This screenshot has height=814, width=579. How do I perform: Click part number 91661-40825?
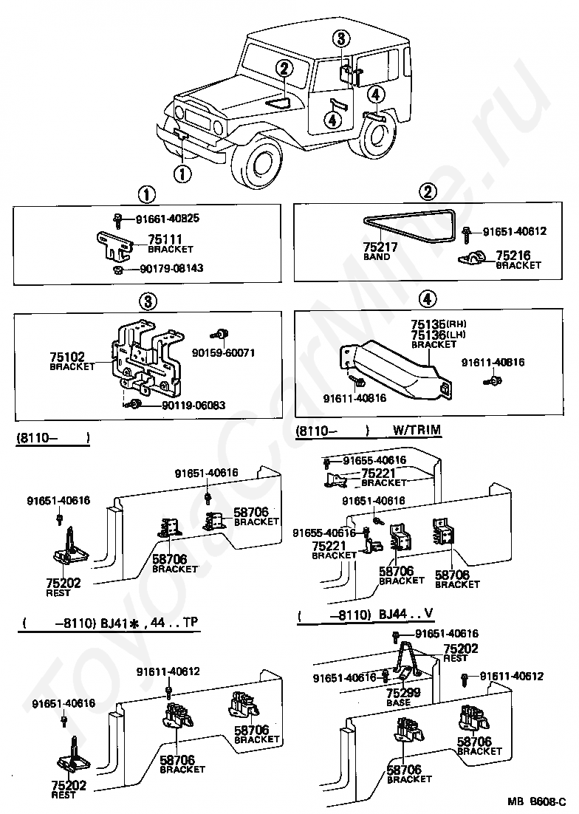click(168, 219)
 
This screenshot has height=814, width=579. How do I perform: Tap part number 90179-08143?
click(172, 269)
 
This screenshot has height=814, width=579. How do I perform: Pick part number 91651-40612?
click(515, 231)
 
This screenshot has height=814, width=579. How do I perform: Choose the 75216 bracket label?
click(518, 259)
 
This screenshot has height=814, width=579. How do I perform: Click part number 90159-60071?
click(223, 353)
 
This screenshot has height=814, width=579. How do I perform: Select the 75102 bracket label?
click(72, 360)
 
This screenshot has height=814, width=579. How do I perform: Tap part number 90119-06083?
click(193, 405)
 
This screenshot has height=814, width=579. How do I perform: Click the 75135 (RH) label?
click(439, 324)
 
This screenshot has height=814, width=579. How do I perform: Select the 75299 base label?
click(403, 697)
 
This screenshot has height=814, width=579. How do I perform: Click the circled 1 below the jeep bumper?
click(182, 174)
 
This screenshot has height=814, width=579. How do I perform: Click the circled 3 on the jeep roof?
click(341, 38)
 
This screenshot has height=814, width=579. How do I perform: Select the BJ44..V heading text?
click(407, 615)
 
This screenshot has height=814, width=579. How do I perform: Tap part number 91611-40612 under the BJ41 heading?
click(168, 671)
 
